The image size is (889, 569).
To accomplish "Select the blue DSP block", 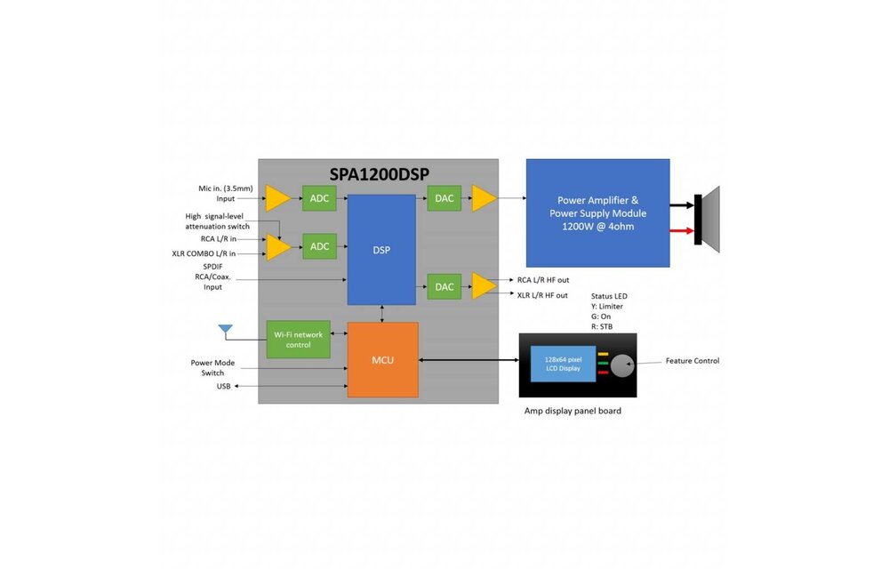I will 380,250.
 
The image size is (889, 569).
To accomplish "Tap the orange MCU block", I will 382,359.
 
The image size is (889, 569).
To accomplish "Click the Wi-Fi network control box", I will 298,339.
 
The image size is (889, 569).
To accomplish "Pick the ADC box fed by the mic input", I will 319,198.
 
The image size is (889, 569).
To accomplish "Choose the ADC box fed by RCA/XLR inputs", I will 319,246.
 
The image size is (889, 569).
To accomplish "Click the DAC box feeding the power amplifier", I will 444,198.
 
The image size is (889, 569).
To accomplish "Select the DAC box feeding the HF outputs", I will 444,285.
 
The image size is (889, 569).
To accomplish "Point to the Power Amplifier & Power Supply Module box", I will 597,213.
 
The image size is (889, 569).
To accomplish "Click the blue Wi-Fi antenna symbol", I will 226,332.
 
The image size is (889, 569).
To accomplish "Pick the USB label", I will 223,387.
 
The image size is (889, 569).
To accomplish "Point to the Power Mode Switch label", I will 212,368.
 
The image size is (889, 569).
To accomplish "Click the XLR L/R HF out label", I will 542,295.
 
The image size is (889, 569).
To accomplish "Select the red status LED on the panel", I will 603,373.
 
